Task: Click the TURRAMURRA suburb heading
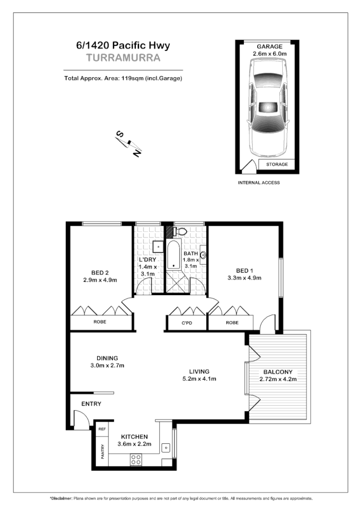[123, 58]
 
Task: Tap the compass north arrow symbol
[129, 143]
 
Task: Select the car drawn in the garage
[267, 108]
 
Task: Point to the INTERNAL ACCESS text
[259, 183]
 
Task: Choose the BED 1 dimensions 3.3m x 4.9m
[244, 278]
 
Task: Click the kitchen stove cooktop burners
[136, 459]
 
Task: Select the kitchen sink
[166, 447]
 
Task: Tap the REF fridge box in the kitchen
[102, 428]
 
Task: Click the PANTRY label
[102, 453]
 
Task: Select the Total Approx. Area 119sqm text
[123, 78]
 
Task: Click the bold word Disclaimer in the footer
[61, 499]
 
